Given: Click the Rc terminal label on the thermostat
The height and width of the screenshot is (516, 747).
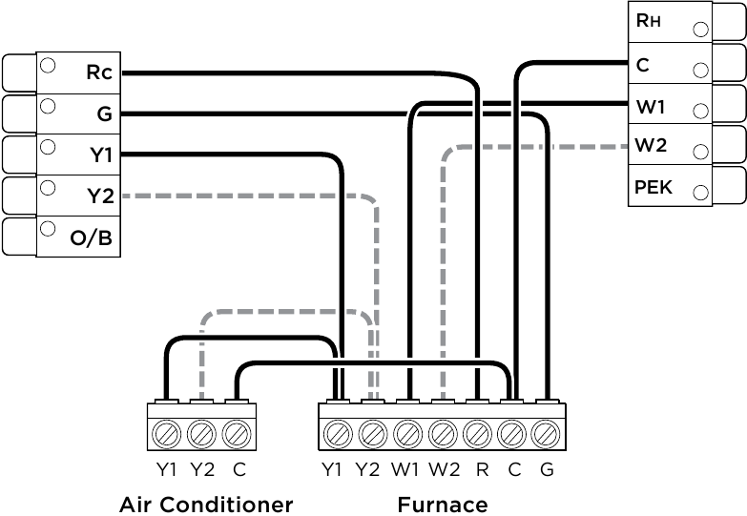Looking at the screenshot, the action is coord(99,72).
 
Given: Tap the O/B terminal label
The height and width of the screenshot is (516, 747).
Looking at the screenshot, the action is coord(91,237).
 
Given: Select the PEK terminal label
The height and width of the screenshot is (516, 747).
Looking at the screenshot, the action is coord(654,187).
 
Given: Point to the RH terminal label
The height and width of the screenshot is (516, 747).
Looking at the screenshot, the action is coord(649,20).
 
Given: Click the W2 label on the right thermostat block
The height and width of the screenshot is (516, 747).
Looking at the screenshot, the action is coord(651,145).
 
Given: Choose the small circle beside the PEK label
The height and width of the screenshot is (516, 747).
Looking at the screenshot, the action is coord(701,193).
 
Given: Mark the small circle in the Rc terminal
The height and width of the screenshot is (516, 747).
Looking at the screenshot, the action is coord(48,65).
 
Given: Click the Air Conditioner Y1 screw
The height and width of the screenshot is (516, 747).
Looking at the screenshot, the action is coord(167,434).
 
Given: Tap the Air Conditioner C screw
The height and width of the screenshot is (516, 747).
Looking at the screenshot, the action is coord(237,434).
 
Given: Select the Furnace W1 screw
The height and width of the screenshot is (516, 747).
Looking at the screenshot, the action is coord(407,435).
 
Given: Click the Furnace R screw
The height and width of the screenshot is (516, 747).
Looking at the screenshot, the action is coord(477,435).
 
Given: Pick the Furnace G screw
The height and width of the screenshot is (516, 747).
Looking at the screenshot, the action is coord(547,435).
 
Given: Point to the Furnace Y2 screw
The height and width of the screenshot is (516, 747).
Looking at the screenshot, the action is coord(373,435).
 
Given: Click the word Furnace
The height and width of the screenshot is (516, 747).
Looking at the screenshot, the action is coord(443,505).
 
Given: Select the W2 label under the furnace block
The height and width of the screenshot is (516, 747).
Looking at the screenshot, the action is coord(444,470).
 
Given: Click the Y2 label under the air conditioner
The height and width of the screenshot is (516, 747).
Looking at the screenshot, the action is coord(202,470).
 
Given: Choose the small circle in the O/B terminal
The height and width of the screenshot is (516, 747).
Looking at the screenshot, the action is coord(48,229).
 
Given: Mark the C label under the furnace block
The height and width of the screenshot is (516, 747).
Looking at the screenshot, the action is coord(514,470).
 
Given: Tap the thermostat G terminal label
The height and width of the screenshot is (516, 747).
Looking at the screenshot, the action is coord(104,114).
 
